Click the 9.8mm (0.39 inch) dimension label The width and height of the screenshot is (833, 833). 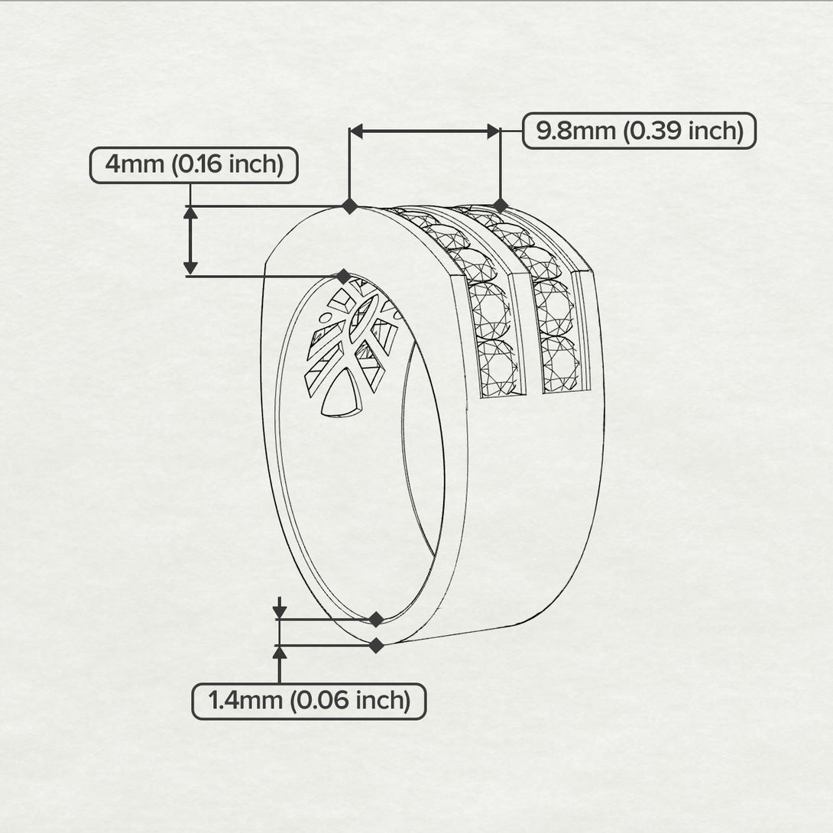coord(639,131)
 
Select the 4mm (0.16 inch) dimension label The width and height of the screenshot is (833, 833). coord(194,165)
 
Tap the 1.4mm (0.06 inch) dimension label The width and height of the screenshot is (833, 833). coord(309,702)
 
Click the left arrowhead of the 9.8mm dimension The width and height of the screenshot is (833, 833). coord(356,131)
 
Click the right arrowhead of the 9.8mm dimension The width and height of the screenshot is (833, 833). coord(494,131)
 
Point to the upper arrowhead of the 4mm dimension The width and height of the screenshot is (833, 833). coord(190,212)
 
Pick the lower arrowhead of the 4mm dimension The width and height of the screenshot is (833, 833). coord(190,269)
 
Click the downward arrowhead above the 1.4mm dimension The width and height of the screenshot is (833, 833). coord(280,611)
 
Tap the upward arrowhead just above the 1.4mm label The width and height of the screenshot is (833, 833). coord(280,653)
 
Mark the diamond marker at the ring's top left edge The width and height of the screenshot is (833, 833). coord(349,206)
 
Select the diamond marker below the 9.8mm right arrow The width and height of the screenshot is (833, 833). coord(501,205)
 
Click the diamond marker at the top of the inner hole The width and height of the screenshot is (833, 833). coord(344,276)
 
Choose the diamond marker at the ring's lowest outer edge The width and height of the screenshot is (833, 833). coord(376,646)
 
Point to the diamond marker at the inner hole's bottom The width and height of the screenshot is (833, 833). coord(376,619)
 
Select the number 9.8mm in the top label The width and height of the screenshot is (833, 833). coord(576,131)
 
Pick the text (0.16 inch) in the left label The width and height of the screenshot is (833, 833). coord(228,165)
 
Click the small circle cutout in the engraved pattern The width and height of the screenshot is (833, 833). coord(323,318)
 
